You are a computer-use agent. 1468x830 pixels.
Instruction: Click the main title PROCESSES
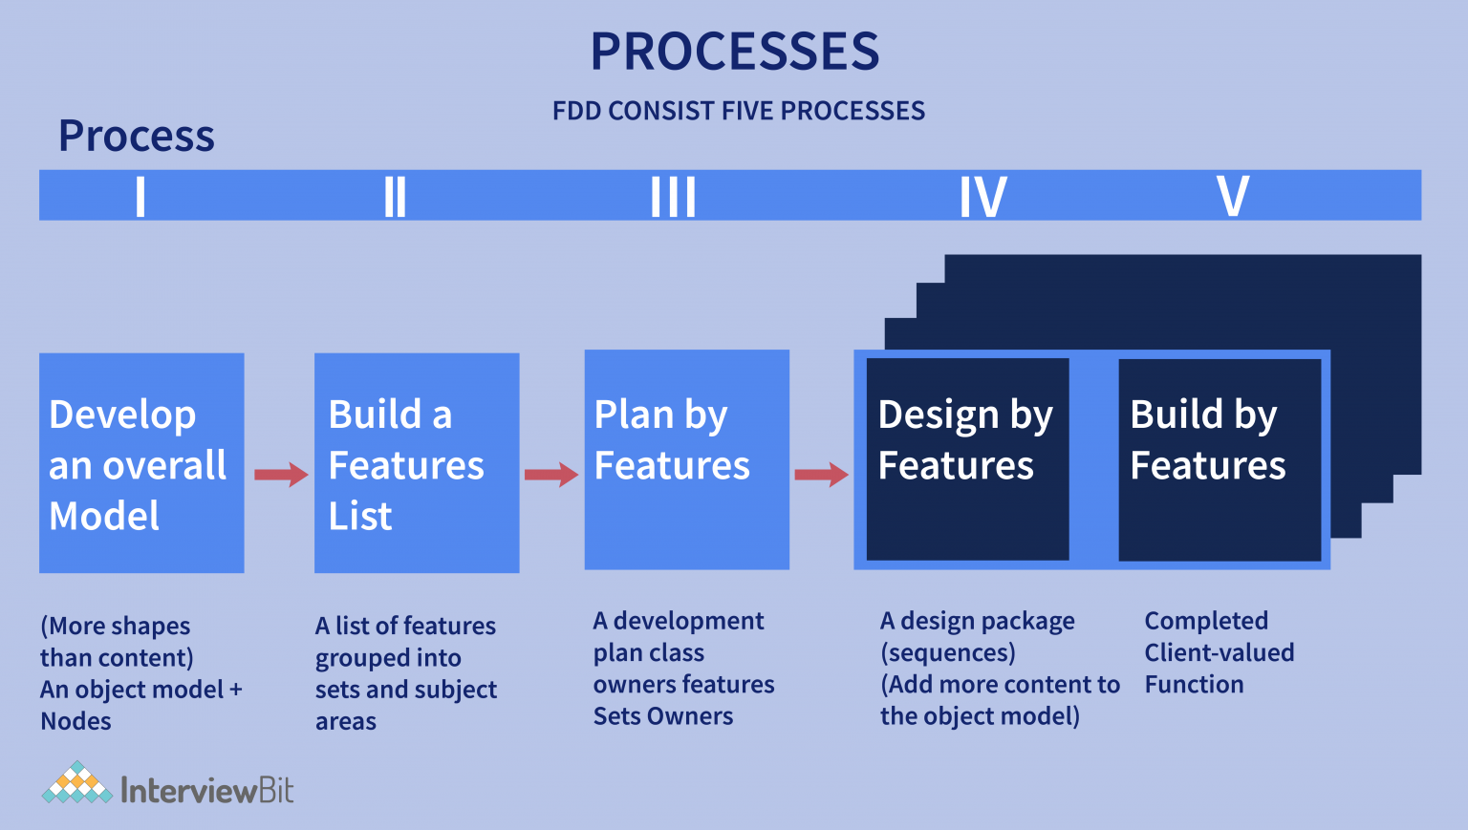click(734, 52)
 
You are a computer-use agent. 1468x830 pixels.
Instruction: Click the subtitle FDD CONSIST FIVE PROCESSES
click(738, 111)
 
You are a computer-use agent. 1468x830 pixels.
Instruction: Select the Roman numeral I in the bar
click(140, 197)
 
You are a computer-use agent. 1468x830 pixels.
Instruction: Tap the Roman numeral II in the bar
click(395, 197)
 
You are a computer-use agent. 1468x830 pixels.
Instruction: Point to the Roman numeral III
click(673, 197)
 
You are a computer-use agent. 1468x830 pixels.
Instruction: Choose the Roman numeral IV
click(982, 197)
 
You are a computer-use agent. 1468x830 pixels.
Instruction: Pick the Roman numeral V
click(1233, 197)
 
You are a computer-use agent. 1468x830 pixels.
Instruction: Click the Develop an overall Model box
click(141, 463)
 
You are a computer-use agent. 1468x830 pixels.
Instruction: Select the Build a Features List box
click(417, 463)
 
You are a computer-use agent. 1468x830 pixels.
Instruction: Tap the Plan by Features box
click(686, 459)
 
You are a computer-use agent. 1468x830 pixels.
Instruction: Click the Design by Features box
click(967, 459)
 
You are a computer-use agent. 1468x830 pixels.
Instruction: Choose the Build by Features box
click(1220, 459)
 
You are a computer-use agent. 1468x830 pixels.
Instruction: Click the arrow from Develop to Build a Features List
click(280, 474)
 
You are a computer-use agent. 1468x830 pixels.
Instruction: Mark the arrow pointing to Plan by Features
click(551, 474)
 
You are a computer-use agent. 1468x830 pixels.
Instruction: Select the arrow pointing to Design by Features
click(821, 474)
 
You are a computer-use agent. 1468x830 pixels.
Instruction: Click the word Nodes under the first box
click(76, 721)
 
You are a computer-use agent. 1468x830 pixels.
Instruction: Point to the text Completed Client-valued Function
click(1219, 652)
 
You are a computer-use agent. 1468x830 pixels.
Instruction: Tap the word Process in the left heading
click(137, 136)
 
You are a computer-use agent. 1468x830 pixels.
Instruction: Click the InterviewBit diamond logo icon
click(76, 784)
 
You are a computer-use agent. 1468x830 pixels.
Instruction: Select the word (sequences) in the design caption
click(947, 653)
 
